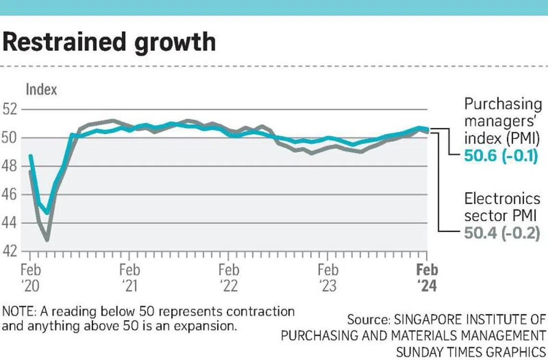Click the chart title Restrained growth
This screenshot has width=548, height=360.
[109, 42]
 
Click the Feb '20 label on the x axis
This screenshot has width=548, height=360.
[30, 277]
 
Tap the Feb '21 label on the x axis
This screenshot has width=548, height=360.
[129, 277]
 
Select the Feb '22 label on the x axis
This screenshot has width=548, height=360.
[229, 277]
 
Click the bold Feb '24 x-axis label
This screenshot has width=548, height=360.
[427, 277]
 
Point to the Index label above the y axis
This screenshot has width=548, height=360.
[41, 89]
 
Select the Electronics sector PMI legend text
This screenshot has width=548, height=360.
[502, 207]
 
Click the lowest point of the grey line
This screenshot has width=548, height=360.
[47, 239]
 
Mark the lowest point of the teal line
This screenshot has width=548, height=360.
[47, 212]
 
